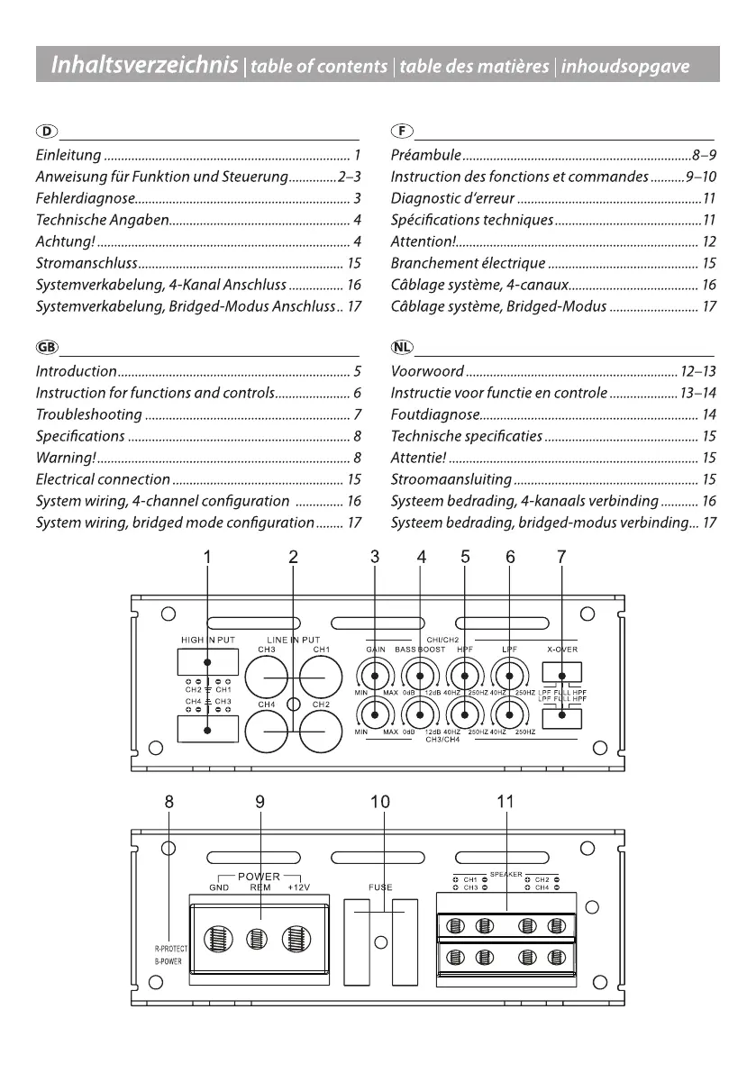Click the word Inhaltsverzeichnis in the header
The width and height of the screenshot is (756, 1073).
coord(144,64)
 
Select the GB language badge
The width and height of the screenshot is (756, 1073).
coord(47,347)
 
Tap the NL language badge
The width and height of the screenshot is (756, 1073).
coord(402,347)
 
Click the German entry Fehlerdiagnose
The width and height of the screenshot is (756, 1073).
coord(86,198)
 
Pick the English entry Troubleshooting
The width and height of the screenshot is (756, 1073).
coord(89,414)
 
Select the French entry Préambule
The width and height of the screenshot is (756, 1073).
coord(425,155)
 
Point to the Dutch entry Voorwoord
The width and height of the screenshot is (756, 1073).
coord(427,371)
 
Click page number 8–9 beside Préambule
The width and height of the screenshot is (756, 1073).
coord(704,155)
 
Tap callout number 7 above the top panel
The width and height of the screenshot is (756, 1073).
coord(561,557)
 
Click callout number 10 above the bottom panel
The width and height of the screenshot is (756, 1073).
coord(380,801)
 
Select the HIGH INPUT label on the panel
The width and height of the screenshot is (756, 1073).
coord(208,640)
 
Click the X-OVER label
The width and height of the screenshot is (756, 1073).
coord(562,650)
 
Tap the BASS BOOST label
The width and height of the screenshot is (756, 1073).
coord(420,650)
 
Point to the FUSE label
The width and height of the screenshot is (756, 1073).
coord(380,887)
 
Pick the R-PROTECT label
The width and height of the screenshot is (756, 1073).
coord(170,950)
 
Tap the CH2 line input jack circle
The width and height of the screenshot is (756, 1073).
coord(321,732)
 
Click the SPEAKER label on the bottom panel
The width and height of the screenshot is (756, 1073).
coord(506,875)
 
